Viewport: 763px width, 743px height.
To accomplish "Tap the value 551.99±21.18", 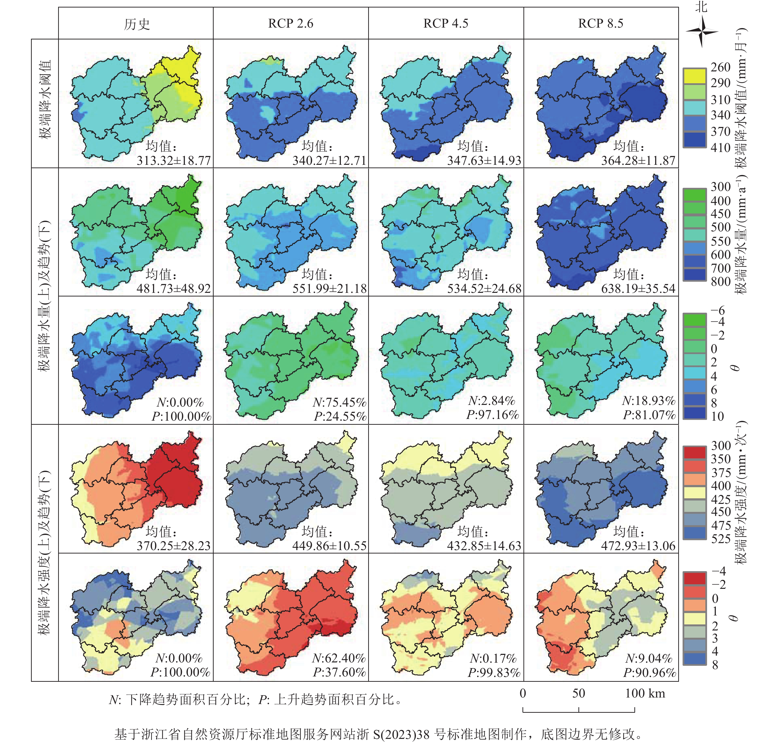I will click(330, 288).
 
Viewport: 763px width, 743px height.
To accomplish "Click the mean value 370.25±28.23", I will click(173, 546).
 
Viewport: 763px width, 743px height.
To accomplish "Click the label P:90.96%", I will click(649, 672).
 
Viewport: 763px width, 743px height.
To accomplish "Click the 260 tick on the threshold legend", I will click(720, 67).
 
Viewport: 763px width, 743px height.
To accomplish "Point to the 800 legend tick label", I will click(720, 281).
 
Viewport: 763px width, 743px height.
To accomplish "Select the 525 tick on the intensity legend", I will click(720, 539).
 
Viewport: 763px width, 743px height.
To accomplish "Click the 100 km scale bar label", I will click(645, 693).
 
